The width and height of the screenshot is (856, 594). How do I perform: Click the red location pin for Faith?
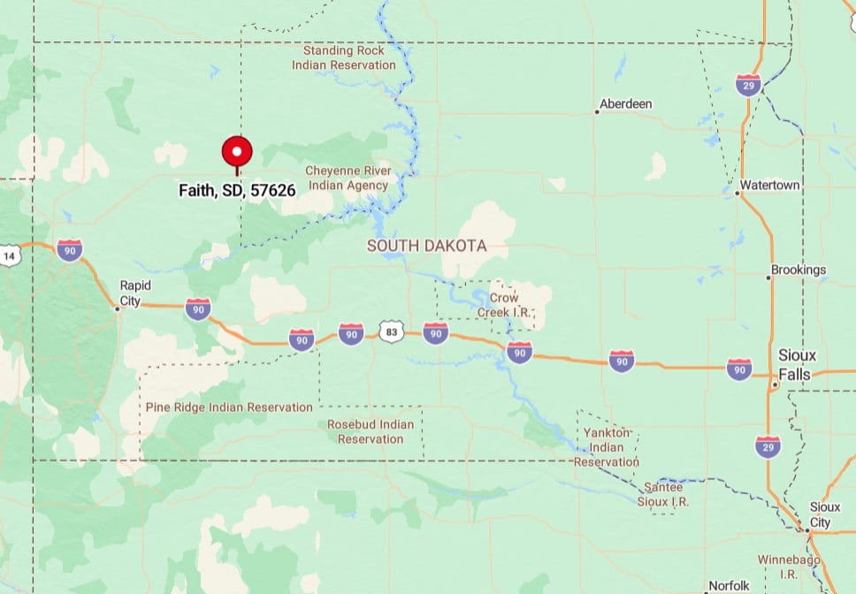[237, 153]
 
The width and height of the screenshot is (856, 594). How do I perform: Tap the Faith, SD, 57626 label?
[237, 190]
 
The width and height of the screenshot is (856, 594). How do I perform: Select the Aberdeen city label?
[626, 104]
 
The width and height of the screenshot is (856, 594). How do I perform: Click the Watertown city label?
[769, 186]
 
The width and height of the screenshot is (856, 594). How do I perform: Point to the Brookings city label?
[799, 270]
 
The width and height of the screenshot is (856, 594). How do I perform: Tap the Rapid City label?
[135, 292]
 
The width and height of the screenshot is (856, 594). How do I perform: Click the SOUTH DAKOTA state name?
[427, 246]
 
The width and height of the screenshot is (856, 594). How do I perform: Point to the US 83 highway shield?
[391, 332]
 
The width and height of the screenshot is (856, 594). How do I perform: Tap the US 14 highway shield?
[10, 256]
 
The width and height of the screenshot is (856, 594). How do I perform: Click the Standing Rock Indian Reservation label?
[344, 57]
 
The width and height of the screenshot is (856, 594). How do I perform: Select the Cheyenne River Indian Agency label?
[347, 178]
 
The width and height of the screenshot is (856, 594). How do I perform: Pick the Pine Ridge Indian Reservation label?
[229, 407]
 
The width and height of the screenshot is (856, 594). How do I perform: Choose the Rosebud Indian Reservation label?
[371, 431]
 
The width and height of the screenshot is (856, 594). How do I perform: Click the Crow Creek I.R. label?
[498, 305]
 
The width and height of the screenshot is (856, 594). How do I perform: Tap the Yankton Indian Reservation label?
[607, 446]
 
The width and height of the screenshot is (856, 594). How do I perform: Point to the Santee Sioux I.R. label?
[663, 494]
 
